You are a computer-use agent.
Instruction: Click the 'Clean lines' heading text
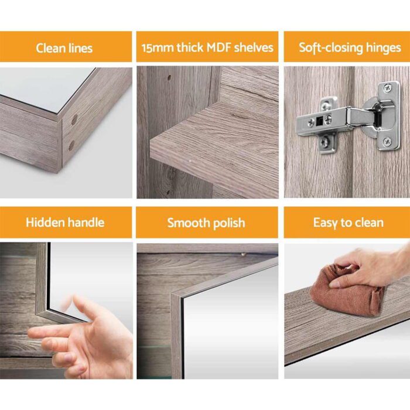point(64,47)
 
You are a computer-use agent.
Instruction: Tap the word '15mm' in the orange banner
point(156,47)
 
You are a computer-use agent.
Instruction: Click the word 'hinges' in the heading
point(380,47)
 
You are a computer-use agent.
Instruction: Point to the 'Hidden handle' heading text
point(64,223)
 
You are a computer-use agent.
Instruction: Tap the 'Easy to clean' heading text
point(348,223)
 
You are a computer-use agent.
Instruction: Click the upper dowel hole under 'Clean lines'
point(74,119)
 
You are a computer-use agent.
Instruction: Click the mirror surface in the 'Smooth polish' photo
point(234,328)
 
